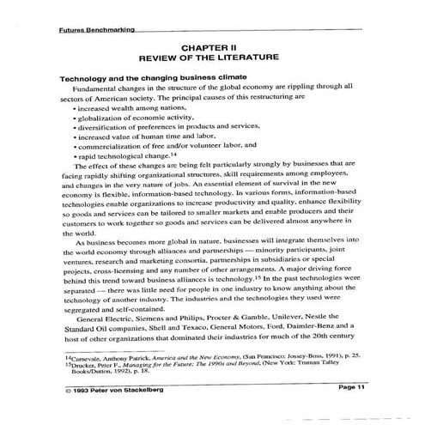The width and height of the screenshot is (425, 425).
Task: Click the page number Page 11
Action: [x=352, y=387]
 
